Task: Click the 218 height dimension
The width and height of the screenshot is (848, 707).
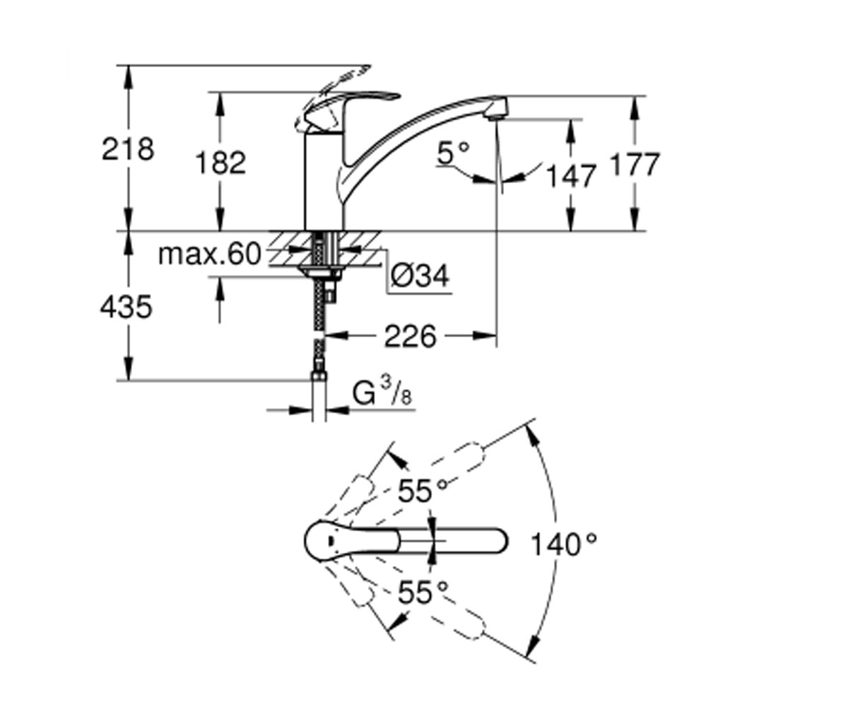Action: (x=128, y=149)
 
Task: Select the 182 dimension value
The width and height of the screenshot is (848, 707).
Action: (x=220, y=163)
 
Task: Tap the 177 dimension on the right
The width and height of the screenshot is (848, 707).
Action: (x=635, y=165)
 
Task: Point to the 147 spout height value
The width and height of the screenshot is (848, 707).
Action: (x=572, y=176)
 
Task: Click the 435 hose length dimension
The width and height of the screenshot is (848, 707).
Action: (x=126, y=306)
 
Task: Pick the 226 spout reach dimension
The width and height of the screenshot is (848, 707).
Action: (x=410, y=336)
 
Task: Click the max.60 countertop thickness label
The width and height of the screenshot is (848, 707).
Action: (x=210, y=255)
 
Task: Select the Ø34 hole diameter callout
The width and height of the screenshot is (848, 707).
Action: (x=420, y=276)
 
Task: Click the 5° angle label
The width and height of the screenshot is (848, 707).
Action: (x=453, y=153)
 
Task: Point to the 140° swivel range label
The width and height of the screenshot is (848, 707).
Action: (x=564, y=544)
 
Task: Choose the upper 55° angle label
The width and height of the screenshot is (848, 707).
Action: (x=423, y=491)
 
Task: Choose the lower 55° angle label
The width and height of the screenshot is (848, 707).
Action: (x=423, y=592)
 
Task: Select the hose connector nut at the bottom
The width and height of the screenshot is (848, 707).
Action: (x=318, y=376)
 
